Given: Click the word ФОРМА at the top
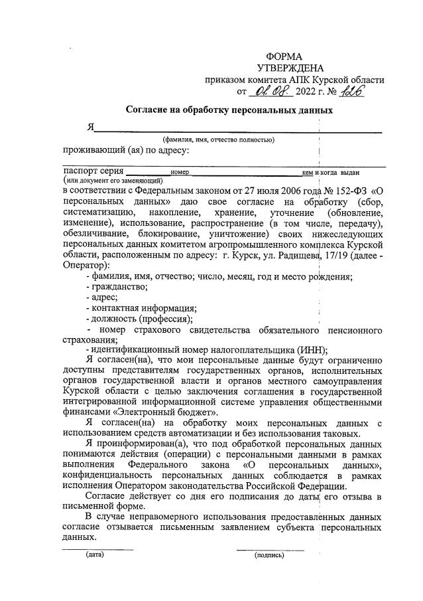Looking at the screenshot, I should click(x=284, y=57).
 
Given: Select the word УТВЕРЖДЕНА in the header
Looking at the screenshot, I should click(x=290, y=68).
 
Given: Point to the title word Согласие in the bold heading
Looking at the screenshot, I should click(x=151, y=110).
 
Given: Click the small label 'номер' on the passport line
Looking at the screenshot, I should click(x=180, y=172).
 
